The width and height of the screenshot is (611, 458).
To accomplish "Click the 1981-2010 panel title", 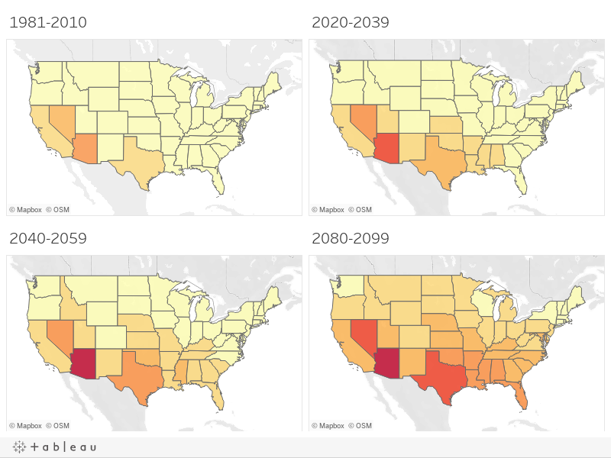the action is [48, 22].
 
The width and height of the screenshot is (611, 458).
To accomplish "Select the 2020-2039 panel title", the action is [351, 22].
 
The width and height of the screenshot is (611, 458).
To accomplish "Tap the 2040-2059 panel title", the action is [48, 238].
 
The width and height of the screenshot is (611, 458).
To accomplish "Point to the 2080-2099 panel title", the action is [351, 238].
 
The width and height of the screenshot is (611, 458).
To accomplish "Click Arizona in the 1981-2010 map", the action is [86, 149].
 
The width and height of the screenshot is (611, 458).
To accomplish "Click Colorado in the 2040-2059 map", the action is [111, 337].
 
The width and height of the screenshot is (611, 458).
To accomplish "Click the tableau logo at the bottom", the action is [54, 447].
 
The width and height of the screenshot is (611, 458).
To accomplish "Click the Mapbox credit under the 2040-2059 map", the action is [25, 426].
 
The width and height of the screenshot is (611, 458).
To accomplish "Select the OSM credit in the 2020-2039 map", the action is [360, 209].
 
